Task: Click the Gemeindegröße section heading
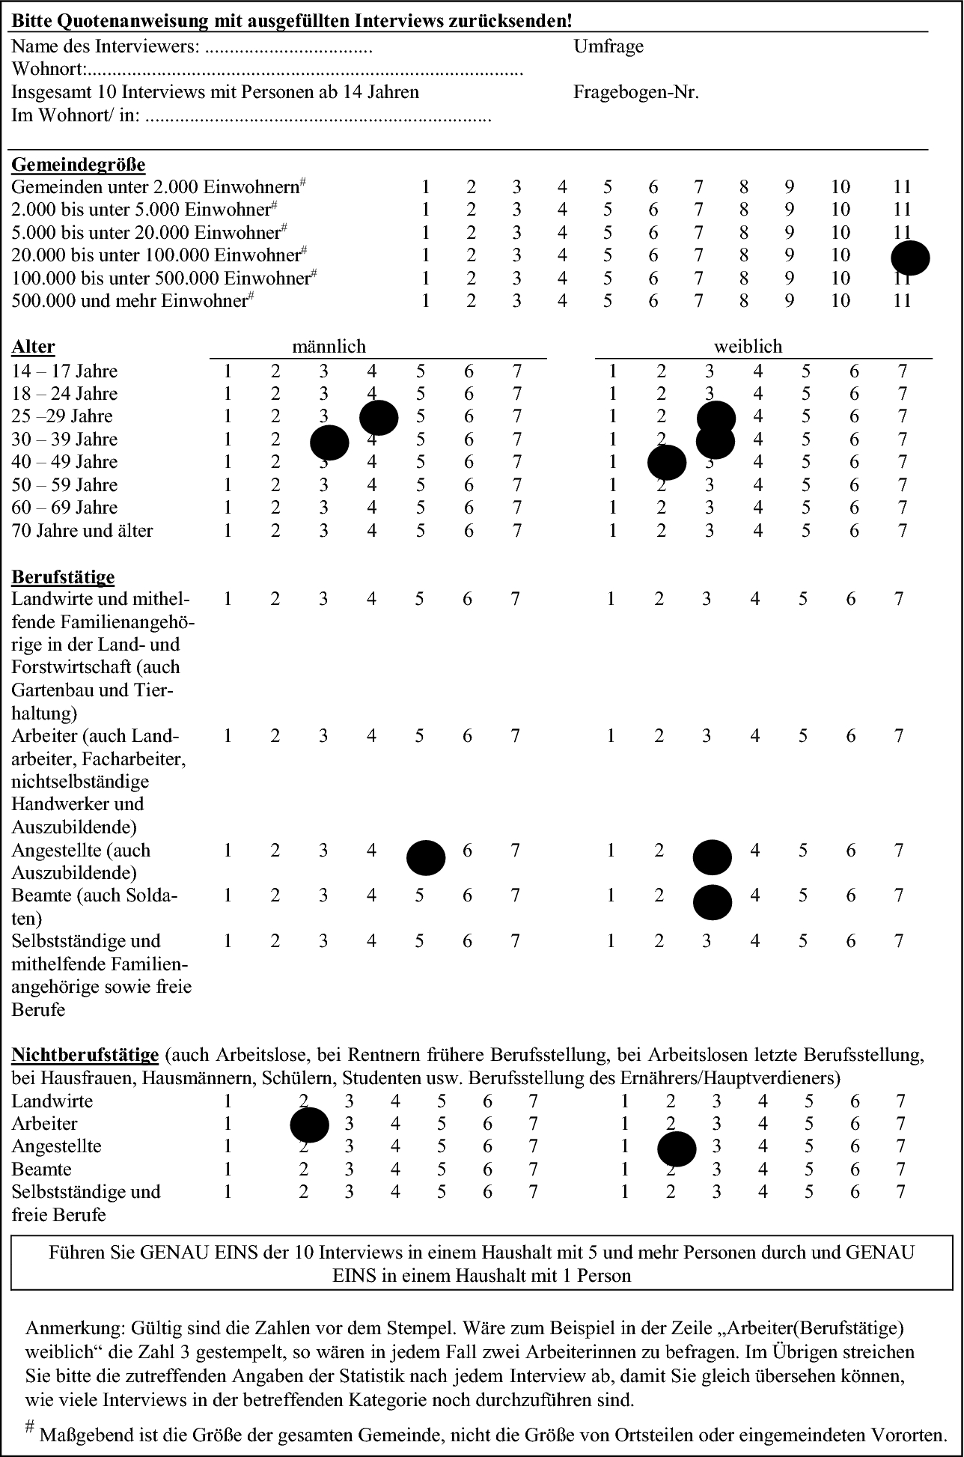(x=79, y=164)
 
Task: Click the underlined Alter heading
(x=33, y=347)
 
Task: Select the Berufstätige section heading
(x=63, y=577)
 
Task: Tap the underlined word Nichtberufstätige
(x=85, y=1055)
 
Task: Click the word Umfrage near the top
(x=608, y=46)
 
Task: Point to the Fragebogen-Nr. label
(x=636, y=92)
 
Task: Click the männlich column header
(x=329, y=347)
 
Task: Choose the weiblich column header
(x=748, y=347)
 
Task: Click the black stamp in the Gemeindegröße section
(x=910, y=258)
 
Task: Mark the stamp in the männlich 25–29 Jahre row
(x=379, y=418)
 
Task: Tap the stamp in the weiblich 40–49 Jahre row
(x=667, y=463)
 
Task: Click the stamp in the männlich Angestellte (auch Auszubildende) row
(x=426, y=858)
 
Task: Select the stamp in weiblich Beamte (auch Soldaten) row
(x=713, y=902)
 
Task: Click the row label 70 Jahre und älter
(x=82, y=531)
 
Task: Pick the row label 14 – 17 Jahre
(x=64, y=371)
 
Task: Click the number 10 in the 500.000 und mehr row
(x=840, y=301)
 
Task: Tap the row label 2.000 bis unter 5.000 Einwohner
(x=141, y=210)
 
